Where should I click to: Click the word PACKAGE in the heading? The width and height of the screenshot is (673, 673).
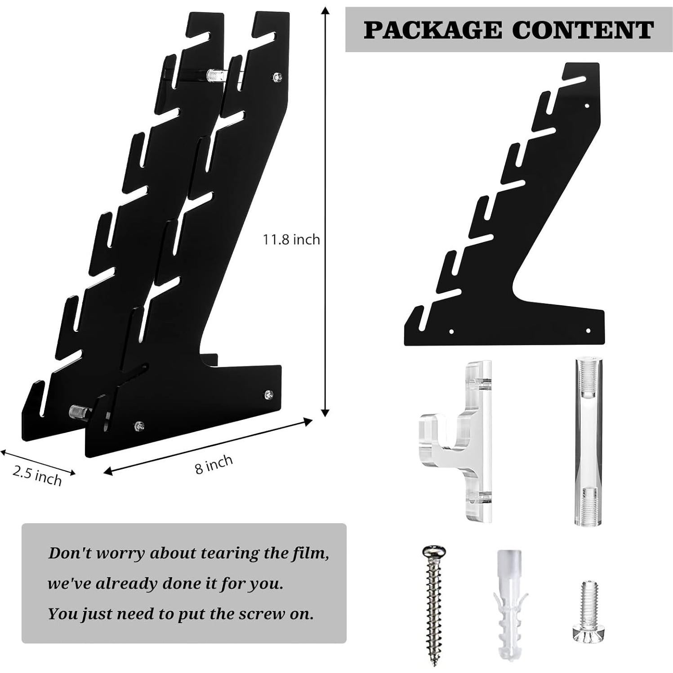pyautogui.click(x=433, y=30)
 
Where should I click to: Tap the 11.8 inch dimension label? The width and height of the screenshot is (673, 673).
pyautogui.click(x=291, y=240)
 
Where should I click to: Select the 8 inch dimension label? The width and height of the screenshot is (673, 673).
pyautogui.click(x=214, y=464)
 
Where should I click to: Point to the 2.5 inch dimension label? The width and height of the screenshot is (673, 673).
pyautogui.click(x=37, y=475)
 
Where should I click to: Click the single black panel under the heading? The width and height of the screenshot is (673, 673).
pyautogui.click(x=504, y=205)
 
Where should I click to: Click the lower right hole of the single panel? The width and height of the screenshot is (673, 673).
pyautogui.click(x=588, y=331)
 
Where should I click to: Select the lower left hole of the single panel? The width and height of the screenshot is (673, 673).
pyautogui.click(x=451, y=332)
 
